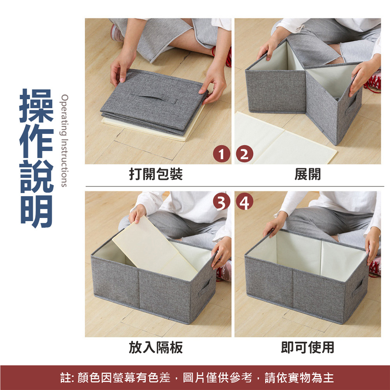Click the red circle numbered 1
point(222,154)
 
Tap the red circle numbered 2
point(245,154)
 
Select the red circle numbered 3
point(222,202)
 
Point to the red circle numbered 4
point(245,202)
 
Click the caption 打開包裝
point(156,174)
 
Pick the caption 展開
point(308,174)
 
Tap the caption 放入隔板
point(156,347)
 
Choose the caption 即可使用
point(308,347)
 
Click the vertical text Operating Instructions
point(64,140)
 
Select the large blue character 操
point(37,106)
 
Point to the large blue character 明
point(37,211)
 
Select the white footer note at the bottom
point(197,378)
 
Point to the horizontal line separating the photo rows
point(235,186)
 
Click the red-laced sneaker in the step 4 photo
point(375,266)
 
